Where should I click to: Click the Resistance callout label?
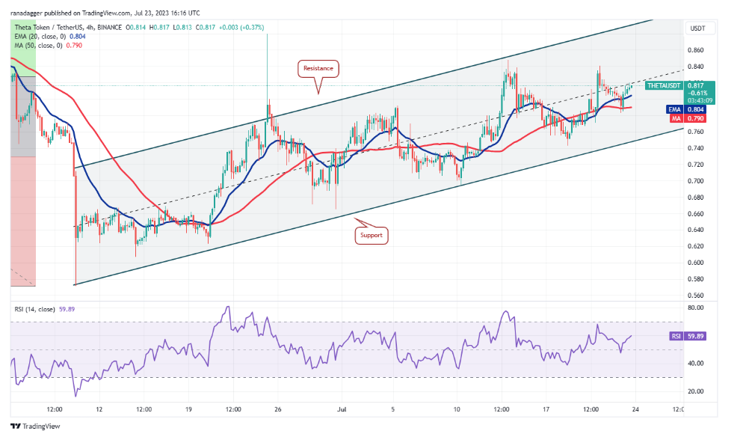point(319,68)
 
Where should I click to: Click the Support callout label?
point(371,235)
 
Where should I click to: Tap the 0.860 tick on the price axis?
point(695,50)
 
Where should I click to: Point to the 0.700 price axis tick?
point(695,181)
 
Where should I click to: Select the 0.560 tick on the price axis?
point(695,295)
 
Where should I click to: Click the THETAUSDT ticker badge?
point(664,86)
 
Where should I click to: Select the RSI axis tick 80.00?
point(695,307)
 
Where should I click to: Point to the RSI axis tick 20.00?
point(695,391)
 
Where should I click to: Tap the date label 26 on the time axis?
point(277,410)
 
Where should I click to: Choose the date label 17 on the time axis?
point(546,410)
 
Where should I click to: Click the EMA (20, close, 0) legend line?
point(38,35)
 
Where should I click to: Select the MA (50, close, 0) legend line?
point(37,45)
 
